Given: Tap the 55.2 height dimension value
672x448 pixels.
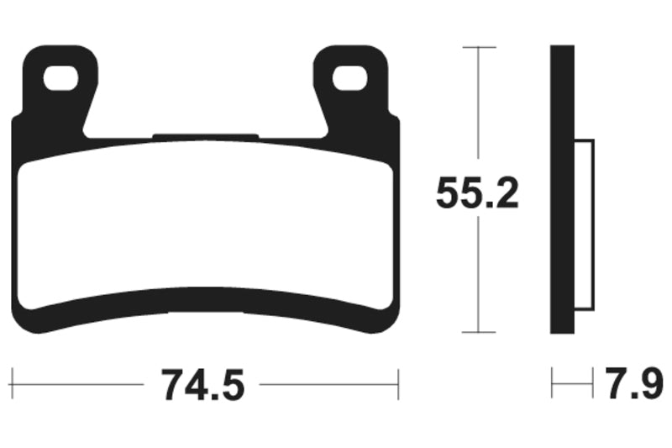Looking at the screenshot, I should tap(477, 195).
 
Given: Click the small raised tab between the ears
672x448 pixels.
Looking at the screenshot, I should tap(206, 135).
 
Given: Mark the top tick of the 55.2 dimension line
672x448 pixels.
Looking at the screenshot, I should tap(478, 48).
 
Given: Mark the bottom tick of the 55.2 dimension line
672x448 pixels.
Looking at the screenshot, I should tap(478, 333).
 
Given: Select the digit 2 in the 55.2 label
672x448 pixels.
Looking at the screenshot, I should tap(507, 195).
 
